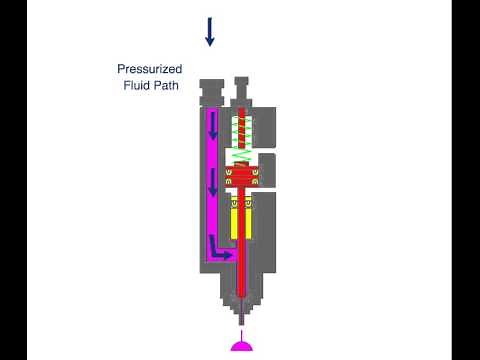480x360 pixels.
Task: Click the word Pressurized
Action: click(x=150, y=70)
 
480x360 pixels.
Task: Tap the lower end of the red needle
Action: click(x=243, y=290)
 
